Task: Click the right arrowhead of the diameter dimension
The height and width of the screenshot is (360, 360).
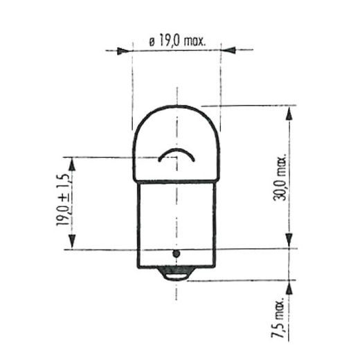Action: (228, 51)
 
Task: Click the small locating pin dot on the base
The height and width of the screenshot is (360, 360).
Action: (177, 255)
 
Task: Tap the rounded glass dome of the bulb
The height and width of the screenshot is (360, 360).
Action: (177, 132)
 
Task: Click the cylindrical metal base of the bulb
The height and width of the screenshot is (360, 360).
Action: (177, 222)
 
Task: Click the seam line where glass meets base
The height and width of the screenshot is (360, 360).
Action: (177, 181)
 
